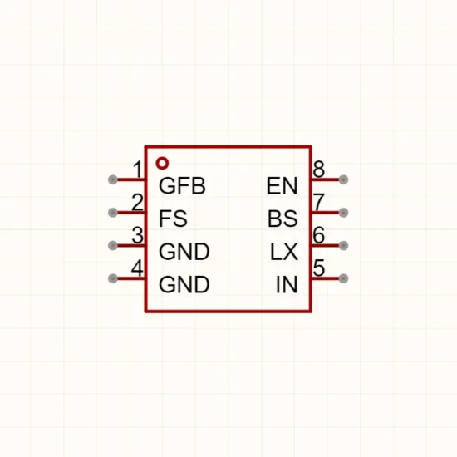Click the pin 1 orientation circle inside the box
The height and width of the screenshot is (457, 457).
pyautogui.click(x=162, y=159)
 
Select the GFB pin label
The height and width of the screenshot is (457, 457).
pyautogui.click(x=182, y=186)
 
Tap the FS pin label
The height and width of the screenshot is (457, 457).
pyautogui.click(x=173, y=219)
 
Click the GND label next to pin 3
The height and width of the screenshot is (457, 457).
pyautogui.click(x=184, y=252)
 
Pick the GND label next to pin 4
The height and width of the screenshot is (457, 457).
pyautogui.click(x=184, y=284)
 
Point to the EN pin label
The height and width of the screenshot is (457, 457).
pyautogui.click(x=283, y=186)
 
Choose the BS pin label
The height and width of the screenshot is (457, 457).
pyautogui.click(x=283, y=219)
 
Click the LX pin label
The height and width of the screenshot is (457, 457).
pyautogui.click(x=284, y=252)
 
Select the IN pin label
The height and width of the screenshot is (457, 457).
pyautogui.click(x=287, y=284)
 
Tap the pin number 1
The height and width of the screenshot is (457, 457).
pyautogui.click(x=138, y=170)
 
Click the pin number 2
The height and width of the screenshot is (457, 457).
pyautogui.click(x=138, y=202)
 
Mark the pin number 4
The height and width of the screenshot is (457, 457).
pyautogui.click(x=137, y=268)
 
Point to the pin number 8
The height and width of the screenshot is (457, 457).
pyautogui.click(x=318, y=169)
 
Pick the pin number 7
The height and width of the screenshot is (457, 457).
pyautogui.click(x=318, y=202)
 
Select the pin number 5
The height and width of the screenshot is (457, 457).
pyautogui.click(x=318, y=268)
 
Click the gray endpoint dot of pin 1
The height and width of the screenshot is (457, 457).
pyautogui.click(x=113, y=179)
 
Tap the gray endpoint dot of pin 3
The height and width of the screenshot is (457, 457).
pyautogui.click(x=113, y=246)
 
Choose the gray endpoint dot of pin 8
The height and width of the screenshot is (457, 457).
pyautogui.click(x=344, y=179)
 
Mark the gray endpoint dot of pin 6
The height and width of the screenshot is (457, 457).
pyautogui.click(x=344, y=246)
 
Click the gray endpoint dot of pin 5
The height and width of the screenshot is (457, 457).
pyautogui.click(x=344, y=278)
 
